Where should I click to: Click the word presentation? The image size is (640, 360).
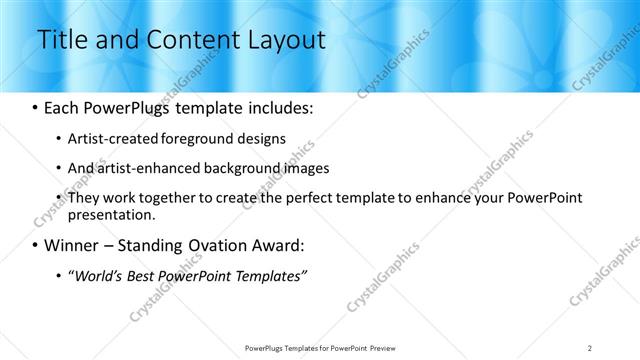[111, 215]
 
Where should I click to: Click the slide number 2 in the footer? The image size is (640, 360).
[590, 348]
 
